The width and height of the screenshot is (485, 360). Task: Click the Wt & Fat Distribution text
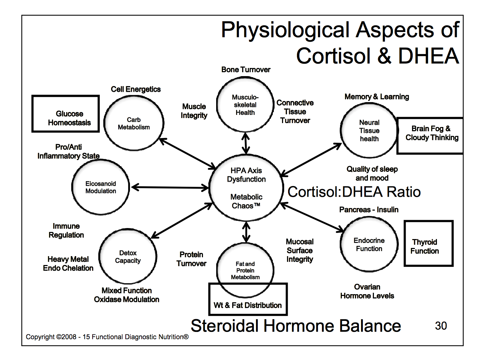pos(247,305)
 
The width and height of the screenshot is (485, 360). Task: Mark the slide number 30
pos(441,326)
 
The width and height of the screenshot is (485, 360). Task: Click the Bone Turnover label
pos(246,69)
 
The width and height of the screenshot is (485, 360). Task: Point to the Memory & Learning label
pos(377,96)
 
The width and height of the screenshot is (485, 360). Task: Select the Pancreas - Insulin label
pos(369,210)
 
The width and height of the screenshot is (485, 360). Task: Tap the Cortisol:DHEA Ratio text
pos(354,192)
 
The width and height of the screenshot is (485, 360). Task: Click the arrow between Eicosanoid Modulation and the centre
pos(170,187)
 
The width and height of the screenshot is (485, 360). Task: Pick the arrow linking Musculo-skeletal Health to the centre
pos(246,143)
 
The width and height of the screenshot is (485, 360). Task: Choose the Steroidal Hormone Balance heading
pos(296,326)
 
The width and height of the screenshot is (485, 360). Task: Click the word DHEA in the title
pos(428,56)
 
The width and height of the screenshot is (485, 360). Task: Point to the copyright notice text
pos(107,337)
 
